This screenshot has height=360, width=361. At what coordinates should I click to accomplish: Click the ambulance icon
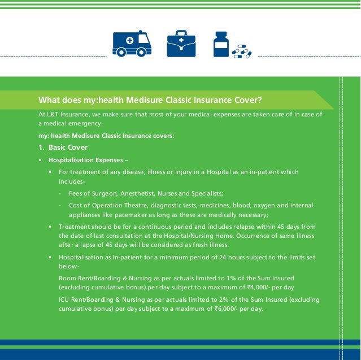(x=132, y=44)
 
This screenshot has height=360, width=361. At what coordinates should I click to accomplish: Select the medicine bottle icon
(x=221, y=44)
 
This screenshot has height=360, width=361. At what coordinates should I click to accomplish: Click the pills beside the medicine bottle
(x=242, y=51)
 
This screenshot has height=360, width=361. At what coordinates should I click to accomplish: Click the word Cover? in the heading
(x=245, y=100)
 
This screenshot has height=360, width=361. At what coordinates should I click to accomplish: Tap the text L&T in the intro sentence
(x=53, y=114)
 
